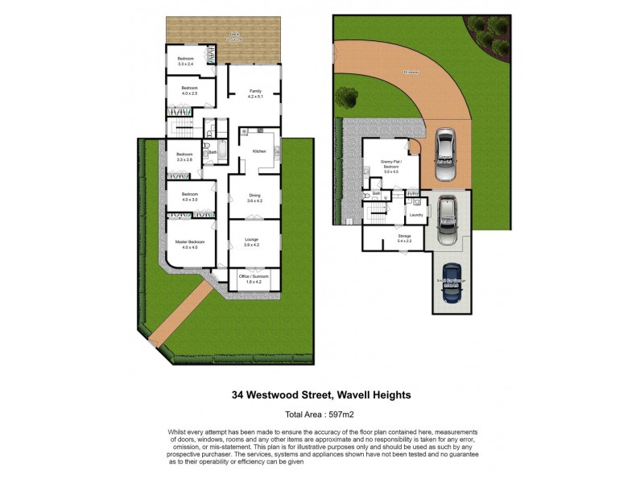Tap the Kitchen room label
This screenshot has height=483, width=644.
(259, 151)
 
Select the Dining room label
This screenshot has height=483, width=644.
(254, 194)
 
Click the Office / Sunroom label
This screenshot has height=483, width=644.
(254, 277)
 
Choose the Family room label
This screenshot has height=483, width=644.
(255, 91)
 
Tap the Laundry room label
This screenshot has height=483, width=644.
(416, 215)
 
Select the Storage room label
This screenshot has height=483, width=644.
(404, 236)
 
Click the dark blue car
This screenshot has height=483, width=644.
(452, 283)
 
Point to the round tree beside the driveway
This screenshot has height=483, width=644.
(347, 97)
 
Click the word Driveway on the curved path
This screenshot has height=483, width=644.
(411, 72)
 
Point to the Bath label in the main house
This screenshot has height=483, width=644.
(213, 152)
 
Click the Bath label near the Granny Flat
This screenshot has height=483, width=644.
(377, 194)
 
